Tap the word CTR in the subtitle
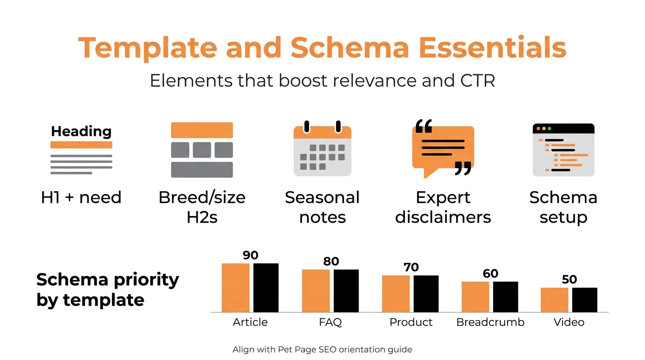pyautogui.click(x=474, y=81)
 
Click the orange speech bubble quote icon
pyautogui.click(x=442, y=148)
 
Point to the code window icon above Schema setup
pyautogui.click(x=563, y=150)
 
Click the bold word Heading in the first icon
pyautogui.click(x=81, y=131)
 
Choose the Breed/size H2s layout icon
pyautogui.click(x=202, y=150)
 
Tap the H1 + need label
pyautogui.click(x=81, y=197)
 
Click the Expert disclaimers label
pyautogui.click(x=442, y=207)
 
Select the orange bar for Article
pyautogui.click(x=235, y=288)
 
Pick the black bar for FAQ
pyautogui.click(x=346, y=291)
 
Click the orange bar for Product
pyautogui.click(x=396, y=293)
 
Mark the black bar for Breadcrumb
pyautogui.click(x=505, y=297)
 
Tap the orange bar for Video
pyautogui.click(x=554, y=300)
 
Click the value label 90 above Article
pyautogui.click(x=251, y=255)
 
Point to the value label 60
pyautogui.click(x=490, y=273)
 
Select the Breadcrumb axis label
pyautogui.click(x=490, y=322)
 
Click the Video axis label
pyautogui.click(x=569, y=322)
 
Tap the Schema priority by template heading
pyautogui.click(x=107, y=289)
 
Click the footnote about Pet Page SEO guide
pyautogui.click(x=322, y=350)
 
